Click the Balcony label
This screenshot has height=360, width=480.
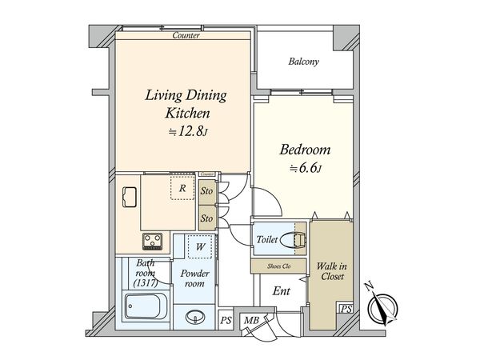(303, 62)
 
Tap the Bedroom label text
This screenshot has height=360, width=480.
(305, 150)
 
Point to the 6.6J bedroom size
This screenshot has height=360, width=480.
(306, 168)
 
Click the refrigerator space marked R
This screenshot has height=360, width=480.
(182, 188)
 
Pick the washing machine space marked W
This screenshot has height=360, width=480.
(200, 246)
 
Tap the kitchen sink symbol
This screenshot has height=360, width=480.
(129, 197)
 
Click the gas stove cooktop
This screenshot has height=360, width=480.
(153, 242)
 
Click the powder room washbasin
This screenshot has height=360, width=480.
(195, 316)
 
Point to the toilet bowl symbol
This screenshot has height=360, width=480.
(293, 239)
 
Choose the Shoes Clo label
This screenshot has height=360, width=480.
(278, 266)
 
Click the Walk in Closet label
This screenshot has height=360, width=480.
(332, 271)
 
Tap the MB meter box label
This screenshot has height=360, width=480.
(252, 321)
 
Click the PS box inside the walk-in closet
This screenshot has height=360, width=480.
(346, 309)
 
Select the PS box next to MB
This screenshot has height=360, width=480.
(226, 321)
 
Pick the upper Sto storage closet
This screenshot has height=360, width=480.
(207, 192)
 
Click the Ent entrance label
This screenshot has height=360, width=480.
(281, 291)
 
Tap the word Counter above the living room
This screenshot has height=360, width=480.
(186, 35)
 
